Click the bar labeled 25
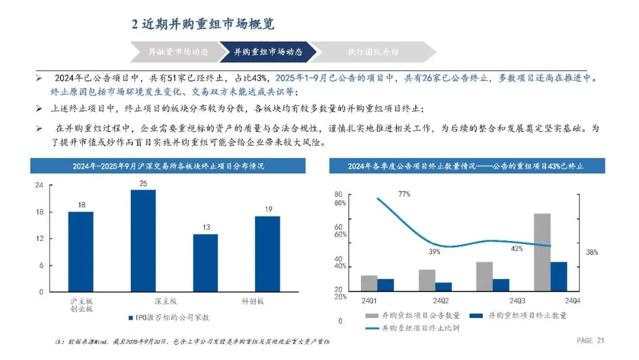point(143,240)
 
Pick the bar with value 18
point(80,252)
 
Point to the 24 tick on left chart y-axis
point(40,185)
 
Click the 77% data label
point(404,194)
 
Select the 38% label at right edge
point(592,252)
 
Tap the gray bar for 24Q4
point(542,252)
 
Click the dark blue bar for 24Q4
point(559,276)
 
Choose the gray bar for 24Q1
point(369,282)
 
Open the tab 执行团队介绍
point(373,52)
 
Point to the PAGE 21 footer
point(590,340)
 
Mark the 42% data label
point(516,249)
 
